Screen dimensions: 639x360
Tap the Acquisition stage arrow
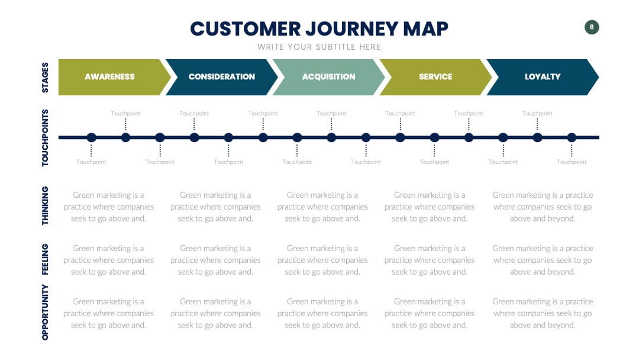coord(328,77)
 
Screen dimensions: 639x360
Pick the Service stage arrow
coord(435,77)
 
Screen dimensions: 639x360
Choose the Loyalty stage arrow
coord(543,77)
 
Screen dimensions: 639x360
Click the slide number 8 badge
coord(592,27)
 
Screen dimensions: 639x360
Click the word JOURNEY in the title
coord(351,29)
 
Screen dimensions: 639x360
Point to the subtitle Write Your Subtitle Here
coord(319,47)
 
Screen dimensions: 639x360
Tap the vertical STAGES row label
coord(45,78)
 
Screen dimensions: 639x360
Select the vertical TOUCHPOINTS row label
coord(45,138)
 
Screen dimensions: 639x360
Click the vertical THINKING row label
coord(45,206)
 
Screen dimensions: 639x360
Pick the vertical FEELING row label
coord(45,259)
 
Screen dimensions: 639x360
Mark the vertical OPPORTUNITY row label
coord(45,312)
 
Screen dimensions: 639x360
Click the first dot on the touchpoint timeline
coord(91,138)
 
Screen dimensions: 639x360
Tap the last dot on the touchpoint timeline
coord(572,138)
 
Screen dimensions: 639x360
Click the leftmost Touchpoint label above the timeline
coord(125,113)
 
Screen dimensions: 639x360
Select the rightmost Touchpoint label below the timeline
coord(572,162)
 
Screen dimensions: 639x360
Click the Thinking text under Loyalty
coord(543,207)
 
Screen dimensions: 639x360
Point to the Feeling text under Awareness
coord(108,260)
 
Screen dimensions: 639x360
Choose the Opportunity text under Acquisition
coord(322,314)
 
